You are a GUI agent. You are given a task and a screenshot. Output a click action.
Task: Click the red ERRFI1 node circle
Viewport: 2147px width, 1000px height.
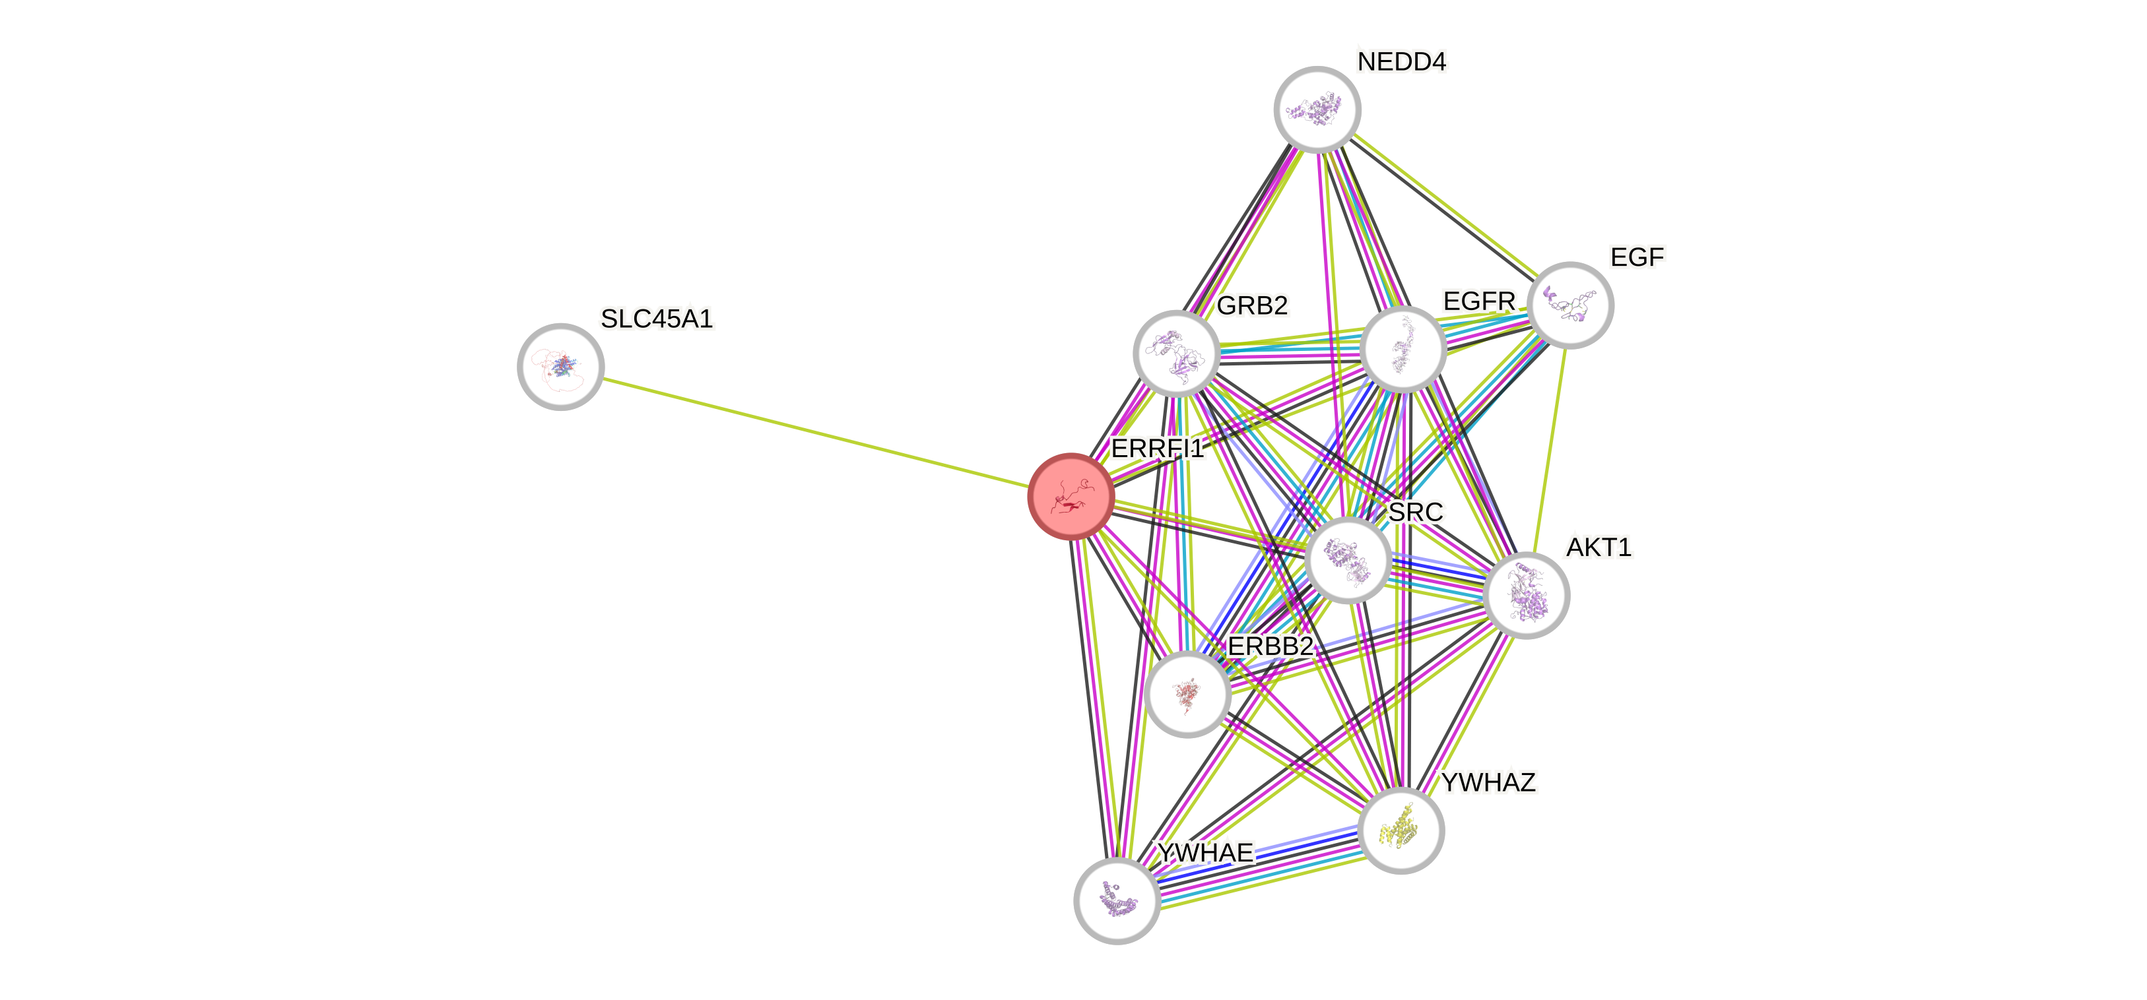[1071, 497]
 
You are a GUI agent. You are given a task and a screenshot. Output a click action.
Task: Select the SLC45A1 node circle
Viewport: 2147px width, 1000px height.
[560, 367]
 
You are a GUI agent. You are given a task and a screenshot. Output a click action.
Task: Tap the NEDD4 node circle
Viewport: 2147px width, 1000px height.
[1317, 109]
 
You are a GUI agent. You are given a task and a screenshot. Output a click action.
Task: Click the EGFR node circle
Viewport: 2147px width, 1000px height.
[1403, 349]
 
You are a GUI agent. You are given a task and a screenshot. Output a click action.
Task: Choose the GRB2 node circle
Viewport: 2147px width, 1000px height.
[1176, 354]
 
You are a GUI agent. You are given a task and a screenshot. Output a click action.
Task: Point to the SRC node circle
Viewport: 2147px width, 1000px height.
[1348, 560]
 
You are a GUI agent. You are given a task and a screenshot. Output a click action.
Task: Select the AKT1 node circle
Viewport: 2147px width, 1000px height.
[1526, 595]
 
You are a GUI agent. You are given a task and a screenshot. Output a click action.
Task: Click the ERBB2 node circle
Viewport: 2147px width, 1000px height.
[1187, 694]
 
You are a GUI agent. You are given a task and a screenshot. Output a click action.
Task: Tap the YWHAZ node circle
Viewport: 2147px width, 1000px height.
[1401, 830]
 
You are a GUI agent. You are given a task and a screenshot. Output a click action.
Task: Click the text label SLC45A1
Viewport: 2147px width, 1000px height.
[657, 319]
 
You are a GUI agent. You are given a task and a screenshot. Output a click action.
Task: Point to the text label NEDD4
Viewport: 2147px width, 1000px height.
[1402, 61]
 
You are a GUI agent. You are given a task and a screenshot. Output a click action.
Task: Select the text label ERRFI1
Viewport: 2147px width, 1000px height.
[1158, 449]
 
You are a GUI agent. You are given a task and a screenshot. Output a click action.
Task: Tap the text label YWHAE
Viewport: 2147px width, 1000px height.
[1205, 852]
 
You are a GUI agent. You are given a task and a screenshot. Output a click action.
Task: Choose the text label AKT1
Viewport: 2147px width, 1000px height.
[1599, 547]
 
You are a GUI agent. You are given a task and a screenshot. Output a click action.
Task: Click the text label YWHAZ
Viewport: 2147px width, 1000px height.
[1488, 782]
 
